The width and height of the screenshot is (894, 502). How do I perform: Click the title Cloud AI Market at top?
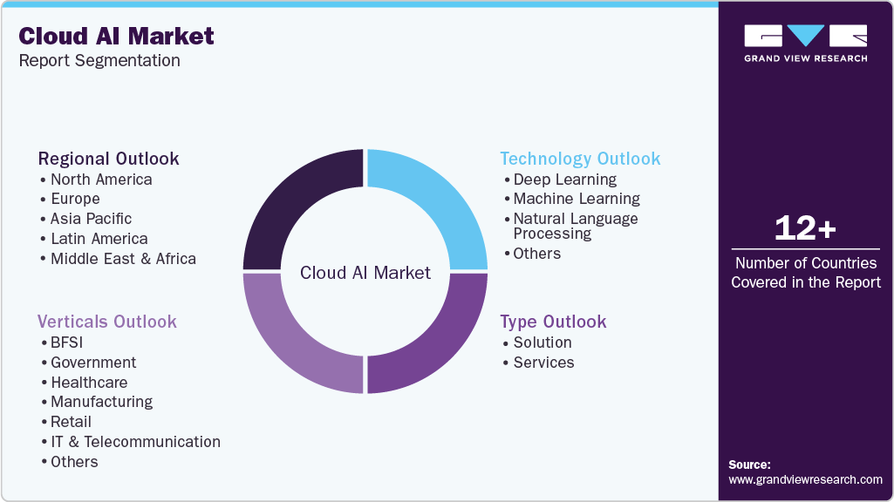click(x=116, y=36)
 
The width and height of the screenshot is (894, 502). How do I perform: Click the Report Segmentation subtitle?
click(x=99, y=61)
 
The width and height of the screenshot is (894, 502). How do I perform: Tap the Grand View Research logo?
click(x=805, y=43)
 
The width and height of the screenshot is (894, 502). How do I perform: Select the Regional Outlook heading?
click(x=108, y=159)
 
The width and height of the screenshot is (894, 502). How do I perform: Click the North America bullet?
click(x=100, y=180)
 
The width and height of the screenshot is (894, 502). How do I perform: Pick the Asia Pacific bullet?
click(x=91, y=219)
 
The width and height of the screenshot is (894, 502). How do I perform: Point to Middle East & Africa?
click(x=123, y=259)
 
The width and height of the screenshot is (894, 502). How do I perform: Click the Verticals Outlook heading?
click(x=106, y=322)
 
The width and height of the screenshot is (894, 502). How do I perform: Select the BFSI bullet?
click(x=66, y=343)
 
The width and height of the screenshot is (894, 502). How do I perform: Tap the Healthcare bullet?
click(x=88, y=383)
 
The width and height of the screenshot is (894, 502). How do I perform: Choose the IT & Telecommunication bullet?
click(x=135, y=442)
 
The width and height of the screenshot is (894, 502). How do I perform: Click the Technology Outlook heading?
click(x=580, y=159)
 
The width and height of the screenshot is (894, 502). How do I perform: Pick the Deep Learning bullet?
click(x=564, y=180)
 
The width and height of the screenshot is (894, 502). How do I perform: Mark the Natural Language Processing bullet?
click(x=575, y=226)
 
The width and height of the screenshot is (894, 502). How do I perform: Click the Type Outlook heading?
click(x=553, y=322)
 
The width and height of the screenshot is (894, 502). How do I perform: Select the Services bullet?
click(x=543, y=363)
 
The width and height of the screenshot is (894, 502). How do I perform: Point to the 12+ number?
click(x=805, y=228)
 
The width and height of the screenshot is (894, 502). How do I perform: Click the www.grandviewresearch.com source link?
click(x=805, y=479)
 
